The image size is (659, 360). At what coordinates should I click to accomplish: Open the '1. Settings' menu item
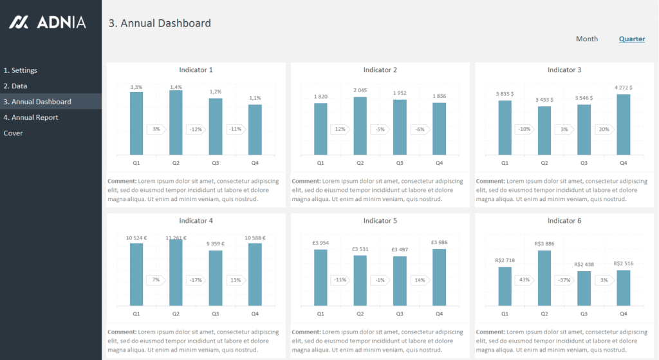21,70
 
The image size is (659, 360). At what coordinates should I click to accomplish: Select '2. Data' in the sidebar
15,86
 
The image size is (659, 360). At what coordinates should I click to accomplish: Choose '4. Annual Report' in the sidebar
31,117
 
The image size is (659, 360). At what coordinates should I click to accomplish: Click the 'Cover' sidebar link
13,133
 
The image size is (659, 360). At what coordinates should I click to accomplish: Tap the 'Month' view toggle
586,39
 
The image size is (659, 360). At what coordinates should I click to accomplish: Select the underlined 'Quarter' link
631,39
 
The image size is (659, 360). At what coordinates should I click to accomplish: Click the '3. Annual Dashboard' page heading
160,23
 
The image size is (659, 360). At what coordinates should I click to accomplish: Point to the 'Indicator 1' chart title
196,70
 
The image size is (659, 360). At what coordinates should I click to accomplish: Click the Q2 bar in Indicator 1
176,122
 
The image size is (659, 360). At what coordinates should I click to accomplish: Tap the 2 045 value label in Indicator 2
360,90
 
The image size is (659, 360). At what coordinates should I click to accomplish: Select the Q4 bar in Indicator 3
623,124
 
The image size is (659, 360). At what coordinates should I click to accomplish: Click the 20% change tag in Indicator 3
603,129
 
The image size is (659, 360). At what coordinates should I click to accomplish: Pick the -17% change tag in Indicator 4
195,280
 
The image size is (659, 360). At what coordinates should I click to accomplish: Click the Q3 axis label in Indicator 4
216,314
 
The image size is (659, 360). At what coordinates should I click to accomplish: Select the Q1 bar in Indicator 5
320,277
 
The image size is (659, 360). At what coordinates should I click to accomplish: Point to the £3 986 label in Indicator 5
439,243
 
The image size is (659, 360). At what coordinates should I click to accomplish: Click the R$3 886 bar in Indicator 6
544,278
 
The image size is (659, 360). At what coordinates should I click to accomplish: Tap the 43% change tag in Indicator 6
524,280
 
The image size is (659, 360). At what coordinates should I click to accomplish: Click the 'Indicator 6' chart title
564,221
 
